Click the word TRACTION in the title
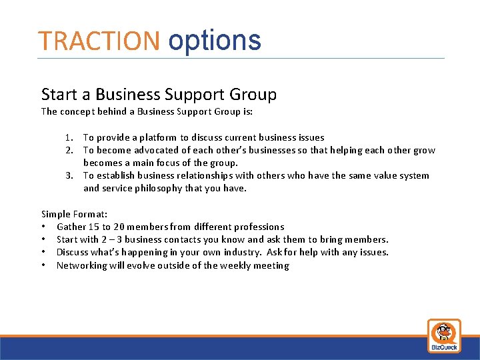(x=99, y=41)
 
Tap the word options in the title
(x=214, y=41)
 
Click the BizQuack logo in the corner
(x=443, y=335)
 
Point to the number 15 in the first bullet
(x=93, y=227)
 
